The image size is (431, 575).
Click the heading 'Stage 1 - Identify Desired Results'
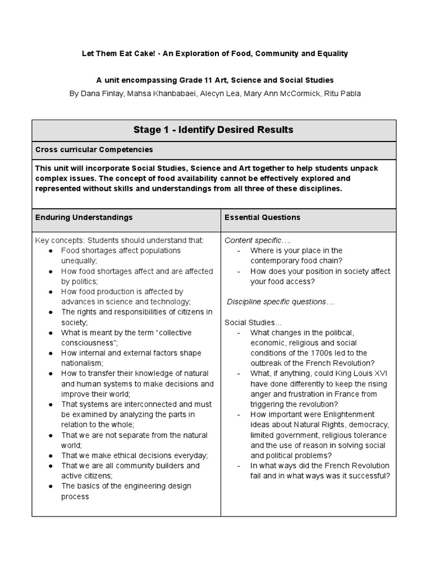[213, 130]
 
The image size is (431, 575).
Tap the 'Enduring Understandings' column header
[84, 217]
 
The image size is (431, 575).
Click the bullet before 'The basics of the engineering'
[51, 486]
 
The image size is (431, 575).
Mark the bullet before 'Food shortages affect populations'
[51, 250]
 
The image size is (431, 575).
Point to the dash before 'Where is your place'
[239, 250]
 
